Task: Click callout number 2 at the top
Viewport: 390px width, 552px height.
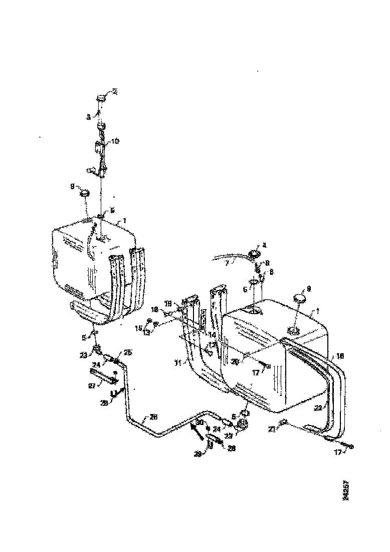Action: click(115, 91)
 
